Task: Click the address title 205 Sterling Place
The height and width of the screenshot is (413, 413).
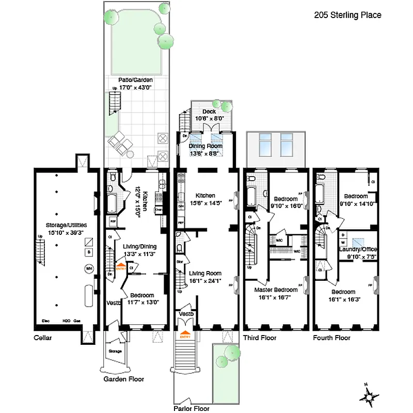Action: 347,15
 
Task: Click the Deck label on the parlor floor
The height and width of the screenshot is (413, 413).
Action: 209,111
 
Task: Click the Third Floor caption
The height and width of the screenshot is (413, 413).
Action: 259,338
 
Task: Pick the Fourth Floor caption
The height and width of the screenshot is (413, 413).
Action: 331,338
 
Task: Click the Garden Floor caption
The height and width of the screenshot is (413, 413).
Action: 123,379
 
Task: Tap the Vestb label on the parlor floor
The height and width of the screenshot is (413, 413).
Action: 186,314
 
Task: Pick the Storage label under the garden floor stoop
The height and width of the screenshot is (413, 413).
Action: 115,351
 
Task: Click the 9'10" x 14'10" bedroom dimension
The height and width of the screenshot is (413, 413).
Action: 356,203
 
